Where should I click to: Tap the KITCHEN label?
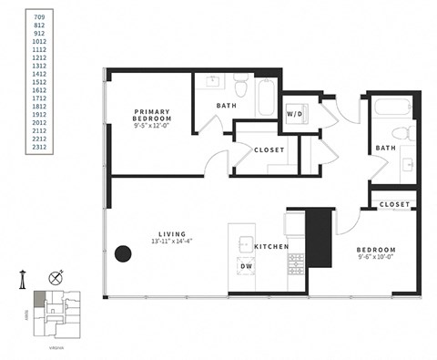pos(270,247)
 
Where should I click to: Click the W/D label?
pos(295,115)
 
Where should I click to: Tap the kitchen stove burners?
pos(297,264)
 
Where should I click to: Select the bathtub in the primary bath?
pos(266,98)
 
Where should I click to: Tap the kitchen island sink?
pos(244,242)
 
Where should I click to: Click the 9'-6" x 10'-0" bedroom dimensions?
pos(376,258)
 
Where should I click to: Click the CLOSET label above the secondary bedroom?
pos(394,204)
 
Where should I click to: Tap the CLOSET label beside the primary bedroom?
pos(269,149)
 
